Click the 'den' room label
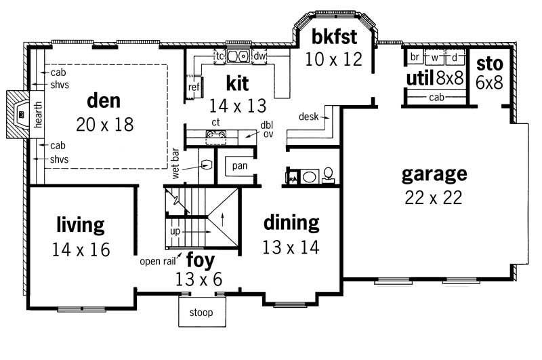coord(104,102)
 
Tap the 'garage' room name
coord(434,174)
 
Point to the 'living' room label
coord(80,224)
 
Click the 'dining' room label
coord(291,222)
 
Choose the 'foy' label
coord(200,260)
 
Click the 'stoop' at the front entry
coord(201,313)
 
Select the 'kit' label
coord(237,83)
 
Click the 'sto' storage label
coord(489,64)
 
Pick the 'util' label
coord(419,78)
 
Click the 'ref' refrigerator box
coord(194,87)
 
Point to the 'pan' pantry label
coord(240,165)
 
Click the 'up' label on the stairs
coord(175,231)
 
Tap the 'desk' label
coord(309,117)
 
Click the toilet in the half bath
coord(327,175)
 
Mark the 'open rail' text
coord(158,261)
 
